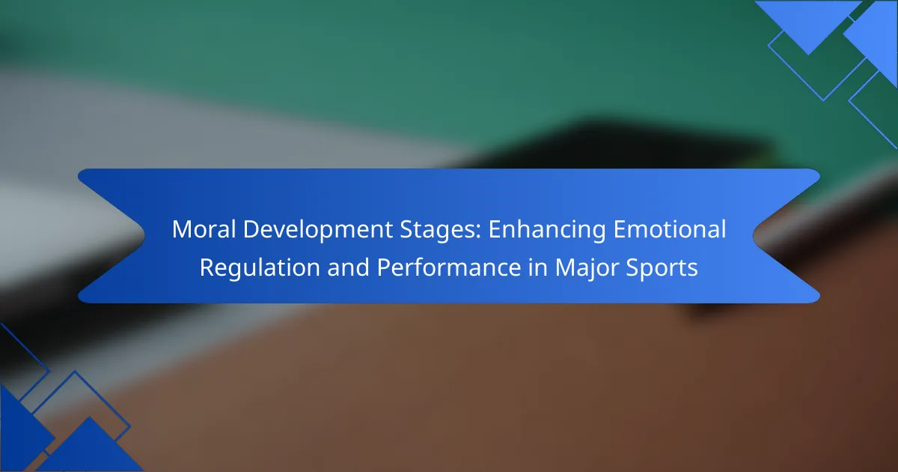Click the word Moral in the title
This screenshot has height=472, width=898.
204,229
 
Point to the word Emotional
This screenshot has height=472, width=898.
670,229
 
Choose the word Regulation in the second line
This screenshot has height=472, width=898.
260,268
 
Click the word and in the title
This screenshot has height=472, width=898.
348,267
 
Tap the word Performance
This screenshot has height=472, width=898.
448,267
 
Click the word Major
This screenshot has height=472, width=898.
587,268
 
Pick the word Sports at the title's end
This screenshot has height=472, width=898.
662,268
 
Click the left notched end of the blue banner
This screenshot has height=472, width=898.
111,235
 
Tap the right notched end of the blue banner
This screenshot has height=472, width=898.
786,235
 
